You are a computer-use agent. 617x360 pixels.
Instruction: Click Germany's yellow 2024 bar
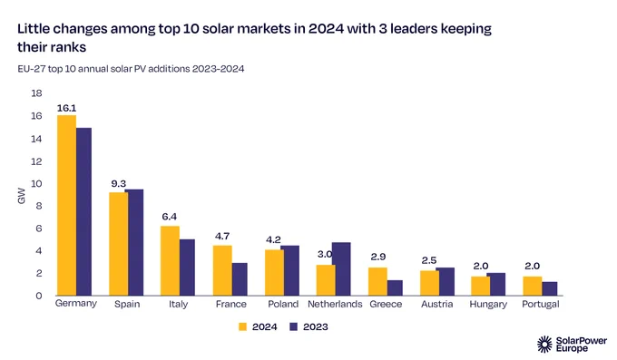point(66,205)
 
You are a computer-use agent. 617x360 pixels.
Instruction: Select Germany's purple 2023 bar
point(83,211)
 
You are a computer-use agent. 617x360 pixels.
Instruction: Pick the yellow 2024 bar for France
point(222,270)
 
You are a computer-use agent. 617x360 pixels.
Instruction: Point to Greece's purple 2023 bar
point(395,288)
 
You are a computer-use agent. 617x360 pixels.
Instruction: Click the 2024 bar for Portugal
point(533,286)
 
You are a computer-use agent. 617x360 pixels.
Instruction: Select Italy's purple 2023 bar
point(187,268)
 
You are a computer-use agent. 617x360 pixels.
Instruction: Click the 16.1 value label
point(66,108)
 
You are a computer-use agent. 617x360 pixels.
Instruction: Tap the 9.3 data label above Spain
point(119,184)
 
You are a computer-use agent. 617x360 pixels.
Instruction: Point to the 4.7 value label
point(222,236)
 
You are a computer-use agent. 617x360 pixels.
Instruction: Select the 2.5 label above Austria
point(429,260)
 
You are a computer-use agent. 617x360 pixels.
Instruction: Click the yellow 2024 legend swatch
point(243,327)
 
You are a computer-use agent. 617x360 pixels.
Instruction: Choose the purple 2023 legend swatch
point(294,327)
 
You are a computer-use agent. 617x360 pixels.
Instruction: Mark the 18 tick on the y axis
point(36,93)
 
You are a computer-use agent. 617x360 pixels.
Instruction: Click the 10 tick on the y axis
point(36,184)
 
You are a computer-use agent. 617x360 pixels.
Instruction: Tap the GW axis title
point(21,196)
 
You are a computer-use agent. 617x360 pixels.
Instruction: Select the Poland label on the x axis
point(283,304)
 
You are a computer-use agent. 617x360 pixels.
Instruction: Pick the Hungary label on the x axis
point(488,305)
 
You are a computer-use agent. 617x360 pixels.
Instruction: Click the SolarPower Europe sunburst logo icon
point(545,345)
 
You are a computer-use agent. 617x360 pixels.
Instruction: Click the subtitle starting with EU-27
point(131,69)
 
